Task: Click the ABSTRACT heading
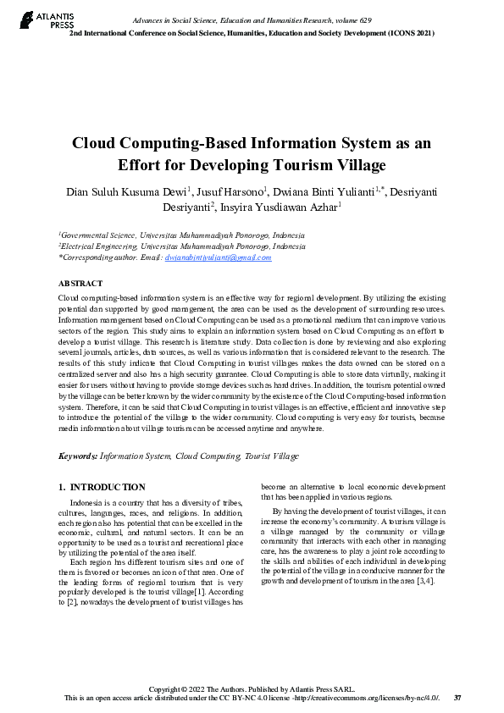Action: click(80, 283)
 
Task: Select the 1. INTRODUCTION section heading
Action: click(102, 487)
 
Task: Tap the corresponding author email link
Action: click(218, 257)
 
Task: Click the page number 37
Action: click(457, 698)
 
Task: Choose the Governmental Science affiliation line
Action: click(181, 235)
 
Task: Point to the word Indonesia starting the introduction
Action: click(88, 503)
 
